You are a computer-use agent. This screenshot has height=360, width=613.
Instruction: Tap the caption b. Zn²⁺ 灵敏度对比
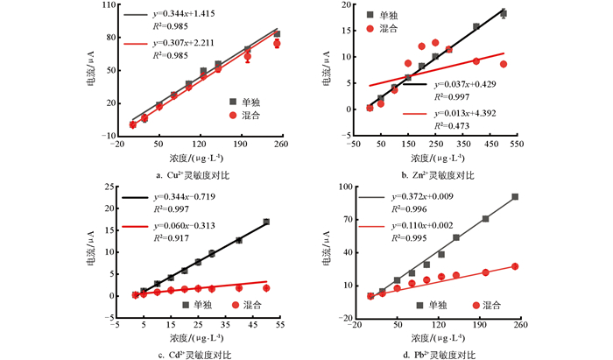click(429, 175)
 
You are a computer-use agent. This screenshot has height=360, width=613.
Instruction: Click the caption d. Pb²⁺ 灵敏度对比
click(429, 354)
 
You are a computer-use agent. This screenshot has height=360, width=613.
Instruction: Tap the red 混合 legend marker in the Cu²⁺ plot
click(233, 116)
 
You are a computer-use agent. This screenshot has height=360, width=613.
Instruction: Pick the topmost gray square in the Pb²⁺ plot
click(515, 197)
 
